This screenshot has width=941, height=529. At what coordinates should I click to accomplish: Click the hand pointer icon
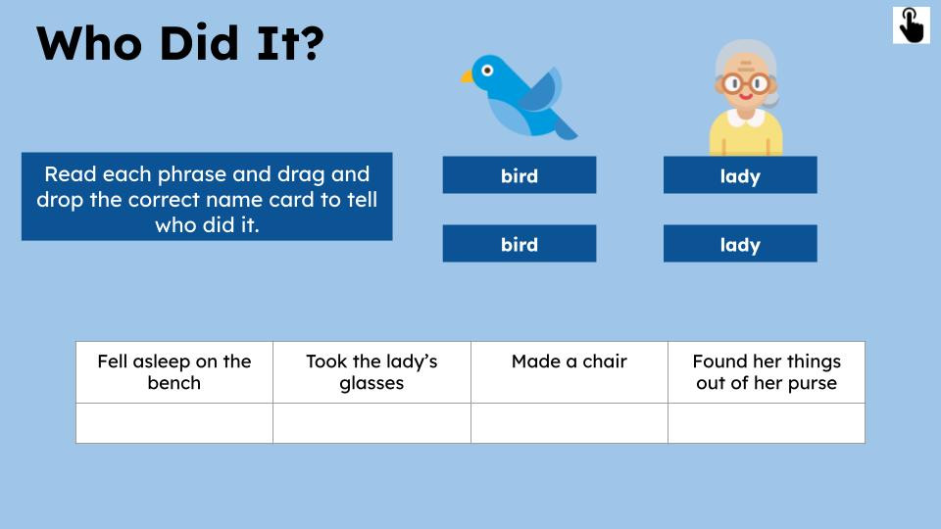tap(912, 24)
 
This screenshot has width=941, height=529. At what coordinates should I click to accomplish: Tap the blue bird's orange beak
tap(468, 76)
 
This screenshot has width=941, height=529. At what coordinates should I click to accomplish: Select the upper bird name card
tap(519, 175)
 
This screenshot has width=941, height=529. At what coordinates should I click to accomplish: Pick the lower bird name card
tap(519, 244)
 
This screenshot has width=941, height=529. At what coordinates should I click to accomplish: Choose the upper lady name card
tap(739, 175)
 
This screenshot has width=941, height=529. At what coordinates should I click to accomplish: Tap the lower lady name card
tap(739, 244)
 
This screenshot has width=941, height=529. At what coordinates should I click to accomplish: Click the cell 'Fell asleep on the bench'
tap(174, 372)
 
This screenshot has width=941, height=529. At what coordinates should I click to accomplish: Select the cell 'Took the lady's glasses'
tap(371, 372)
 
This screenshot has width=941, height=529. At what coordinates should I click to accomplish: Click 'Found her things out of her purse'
tap(766, 372)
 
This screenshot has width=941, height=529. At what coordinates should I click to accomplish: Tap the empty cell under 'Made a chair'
tap(569, 423)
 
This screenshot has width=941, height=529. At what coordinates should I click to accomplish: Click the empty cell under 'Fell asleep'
tap(174, 423)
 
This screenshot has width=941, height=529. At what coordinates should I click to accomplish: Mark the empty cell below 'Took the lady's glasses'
tap(371, 423)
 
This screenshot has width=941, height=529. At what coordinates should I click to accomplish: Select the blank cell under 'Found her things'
tap(766, 423)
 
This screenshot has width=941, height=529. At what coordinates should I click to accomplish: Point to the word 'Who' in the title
tap(84, 44)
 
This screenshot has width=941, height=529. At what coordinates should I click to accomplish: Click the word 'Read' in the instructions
tap(68, 174)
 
